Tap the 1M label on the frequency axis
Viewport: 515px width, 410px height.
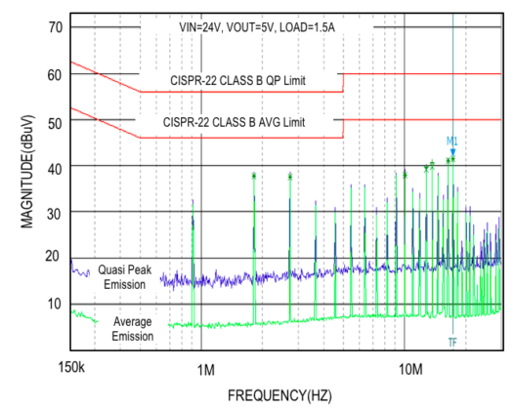pos(205,369)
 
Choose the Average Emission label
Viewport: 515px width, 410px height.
pos(132,328)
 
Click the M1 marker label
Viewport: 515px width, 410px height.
pos(452,141)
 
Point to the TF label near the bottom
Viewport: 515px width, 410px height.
pos(452,342)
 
